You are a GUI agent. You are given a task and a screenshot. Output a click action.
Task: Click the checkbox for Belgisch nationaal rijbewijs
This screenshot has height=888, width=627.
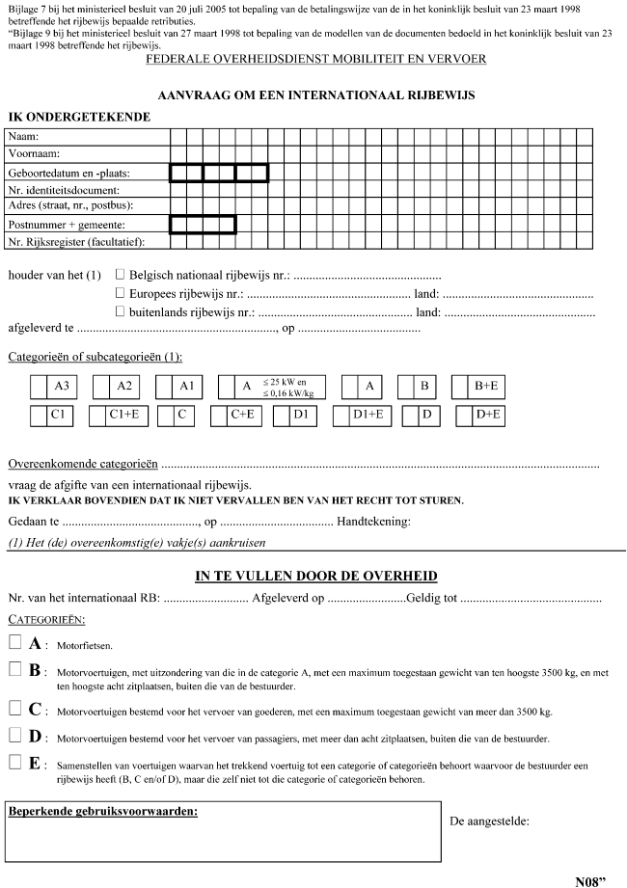[x=121, y=275]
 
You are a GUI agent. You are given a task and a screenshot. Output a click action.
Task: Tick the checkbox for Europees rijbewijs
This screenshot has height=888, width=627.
[x=121, y=293]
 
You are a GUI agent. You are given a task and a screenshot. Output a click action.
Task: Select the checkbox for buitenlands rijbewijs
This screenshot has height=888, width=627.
[x=121, y=310]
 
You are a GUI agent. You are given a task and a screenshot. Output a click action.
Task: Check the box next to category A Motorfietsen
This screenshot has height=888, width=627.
[x=14, y=642]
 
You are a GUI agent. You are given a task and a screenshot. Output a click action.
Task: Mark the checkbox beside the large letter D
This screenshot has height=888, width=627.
[x=14, y=736]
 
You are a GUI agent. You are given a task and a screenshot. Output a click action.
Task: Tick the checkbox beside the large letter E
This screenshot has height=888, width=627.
[x=14, y=763]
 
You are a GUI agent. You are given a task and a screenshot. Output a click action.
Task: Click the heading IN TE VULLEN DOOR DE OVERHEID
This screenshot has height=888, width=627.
[x=316, y=576]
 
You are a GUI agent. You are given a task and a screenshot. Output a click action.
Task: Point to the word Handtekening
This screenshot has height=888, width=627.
[x=373, y=523]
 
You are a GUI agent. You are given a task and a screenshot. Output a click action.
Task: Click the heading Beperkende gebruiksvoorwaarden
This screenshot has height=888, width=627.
[x=103, y=812]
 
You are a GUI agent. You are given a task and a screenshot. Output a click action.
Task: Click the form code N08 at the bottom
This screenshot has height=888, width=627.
[x=592, y=880]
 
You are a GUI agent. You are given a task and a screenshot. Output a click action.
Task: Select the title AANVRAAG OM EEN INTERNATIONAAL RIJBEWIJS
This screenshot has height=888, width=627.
[x=315, y=96]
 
